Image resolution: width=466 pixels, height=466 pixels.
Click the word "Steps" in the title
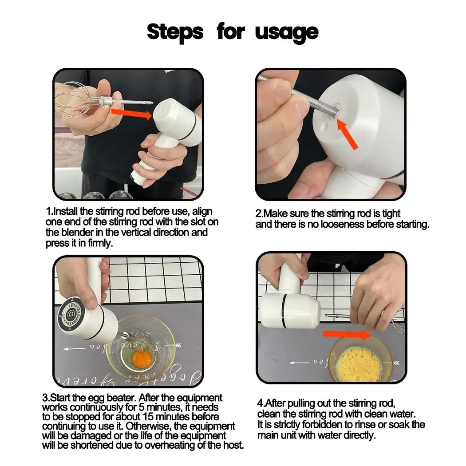(x=175, y=32)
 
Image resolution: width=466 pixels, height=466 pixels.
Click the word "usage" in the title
(x=287, y=32)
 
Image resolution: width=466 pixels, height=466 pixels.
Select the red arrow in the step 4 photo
(x=347, y=334)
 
